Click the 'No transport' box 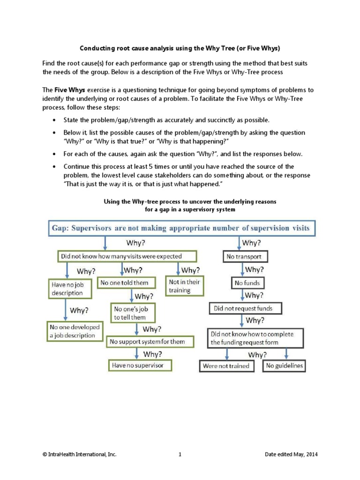(x=244, y=257)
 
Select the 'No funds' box (x=247, y=283)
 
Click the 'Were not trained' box (x=227, y=366)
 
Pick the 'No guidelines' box (x=284, y=366)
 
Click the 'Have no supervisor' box (x=140, y=365)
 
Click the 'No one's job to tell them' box (x=133, y=313)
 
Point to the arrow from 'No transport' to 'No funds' (x=242, y=270)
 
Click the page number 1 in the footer (x=180, y=455)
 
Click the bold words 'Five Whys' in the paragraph (x=68, y=90)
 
